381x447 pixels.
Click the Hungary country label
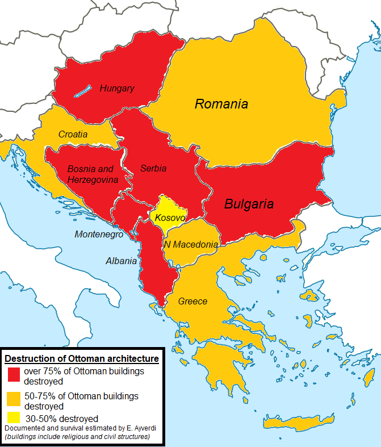(x=117, y=88)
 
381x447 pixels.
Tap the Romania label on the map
(x=221, y=104)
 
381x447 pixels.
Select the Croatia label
(x=73, y=135)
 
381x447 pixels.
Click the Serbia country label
(x=153, y=169)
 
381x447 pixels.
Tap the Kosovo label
(x=169, y=218)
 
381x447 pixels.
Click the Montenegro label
(x=98, y=234)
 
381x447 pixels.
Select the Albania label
(x=121, y=261)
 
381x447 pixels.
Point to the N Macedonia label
(x=191, y=245)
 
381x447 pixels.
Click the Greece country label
(x=192, y=301)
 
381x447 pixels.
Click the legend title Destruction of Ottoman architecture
(x=81, y=359)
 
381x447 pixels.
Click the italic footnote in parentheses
(x=77, y=436)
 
